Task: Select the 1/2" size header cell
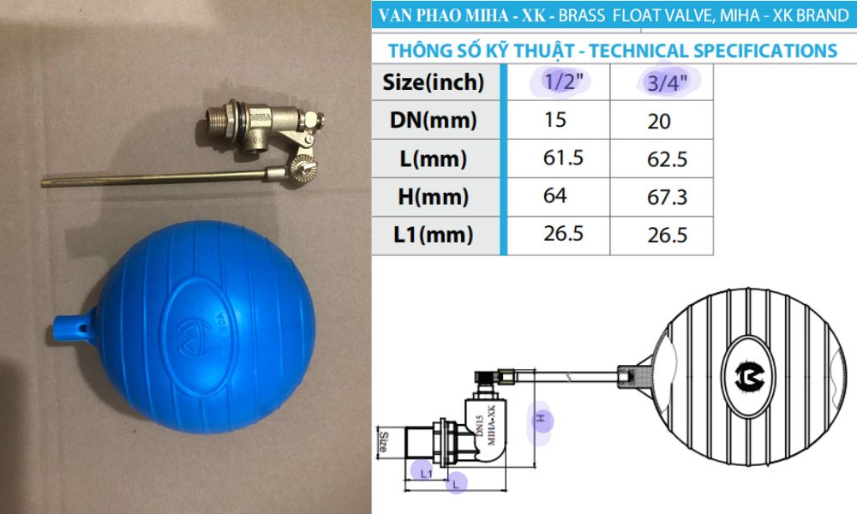[558, 82]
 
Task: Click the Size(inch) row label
[434, 82]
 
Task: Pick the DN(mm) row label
[434, 120]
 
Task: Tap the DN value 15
[554, 120]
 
